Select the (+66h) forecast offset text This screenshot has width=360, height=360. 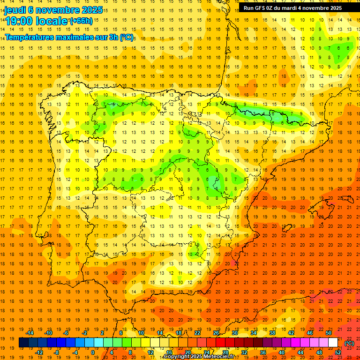81,21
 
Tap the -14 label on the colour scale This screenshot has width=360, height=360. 30,333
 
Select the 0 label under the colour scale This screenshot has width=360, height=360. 93,352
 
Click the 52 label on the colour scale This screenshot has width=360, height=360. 338,352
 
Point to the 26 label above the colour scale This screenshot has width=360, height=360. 216,333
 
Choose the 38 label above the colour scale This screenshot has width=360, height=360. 272,333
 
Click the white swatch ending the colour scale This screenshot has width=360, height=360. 333,343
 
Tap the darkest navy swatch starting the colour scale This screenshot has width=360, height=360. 23,343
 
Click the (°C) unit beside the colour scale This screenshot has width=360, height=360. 349,343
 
